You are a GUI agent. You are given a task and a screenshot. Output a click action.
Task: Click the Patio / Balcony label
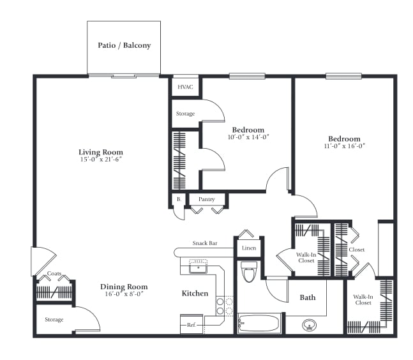tap(124, 45)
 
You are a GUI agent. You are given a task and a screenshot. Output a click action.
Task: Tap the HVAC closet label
tap(185, 87)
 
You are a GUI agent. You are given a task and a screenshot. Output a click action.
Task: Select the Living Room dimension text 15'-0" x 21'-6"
tap(101, 160)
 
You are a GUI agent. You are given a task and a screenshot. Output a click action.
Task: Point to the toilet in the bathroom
tap(249, 271)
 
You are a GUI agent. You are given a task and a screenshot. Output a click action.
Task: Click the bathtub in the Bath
tap(259, 323)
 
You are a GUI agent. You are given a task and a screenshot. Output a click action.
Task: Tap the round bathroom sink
tap(309, 326)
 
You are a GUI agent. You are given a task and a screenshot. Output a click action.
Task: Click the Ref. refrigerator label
tap(191, 325)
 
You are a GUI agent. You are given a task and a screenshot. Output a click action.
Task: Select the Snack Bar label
tap(205, 243)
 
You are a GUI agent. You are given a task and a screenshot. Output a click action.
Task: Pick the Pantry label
tap(207, 199)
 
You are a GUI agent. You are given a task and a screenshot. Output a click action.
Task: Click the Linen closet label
tap(249, 248)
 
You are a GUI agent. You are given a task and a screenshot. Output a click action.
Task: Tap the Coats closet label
tap(54, 274)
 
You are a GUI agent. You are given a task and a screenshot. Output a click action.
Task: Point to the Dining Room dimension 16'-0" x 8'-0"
tap(124, 294)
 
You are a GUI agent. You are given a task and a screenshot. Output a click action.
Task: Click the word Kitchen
tap(195, 294)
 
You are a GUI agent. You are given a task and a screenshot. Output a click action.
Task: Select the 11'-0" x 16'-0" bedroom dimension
tap(344, 146)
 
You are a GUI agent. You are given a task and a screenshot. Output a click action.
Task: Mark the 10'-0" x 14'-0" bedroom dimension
tap(248, 137)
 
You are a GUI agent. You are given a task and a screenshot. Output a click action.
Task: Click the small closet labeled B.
tap(179, 199)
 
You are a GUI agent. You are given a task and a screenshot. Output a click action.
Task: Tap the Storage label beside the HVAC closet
tap(185, 114)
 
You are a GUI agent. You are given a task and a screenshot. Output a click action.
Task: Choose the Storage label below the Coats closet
tap(54, 319)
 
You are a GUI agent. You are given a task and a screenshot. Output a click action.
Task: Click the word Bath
tap(308, 297)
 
